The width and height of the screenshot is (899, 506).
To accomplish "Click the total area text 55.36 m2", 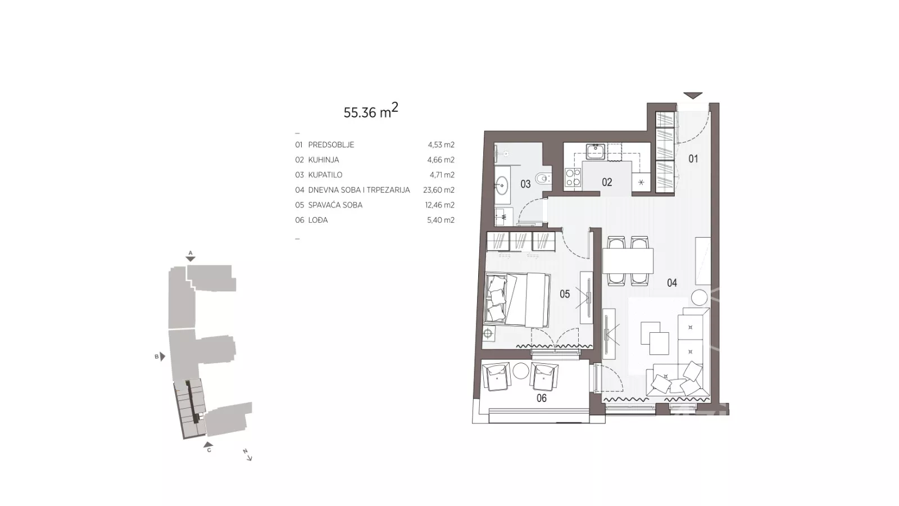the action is tap(371, 111).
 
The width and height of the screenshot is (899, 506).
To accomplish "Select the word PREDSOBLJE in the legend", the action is tap(331, 145).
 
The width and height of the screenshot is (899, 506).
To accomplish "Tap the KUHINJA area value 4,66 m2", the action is tap(441, 160).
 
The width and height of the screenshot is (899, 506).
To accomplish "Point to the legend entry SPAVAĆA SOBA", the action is tap(335, 205).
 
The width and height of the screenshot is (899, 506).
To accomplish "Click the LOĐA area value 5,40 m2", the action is tap(441, 220).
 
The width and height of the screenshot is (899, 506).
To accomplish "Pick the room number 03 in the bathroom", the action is tap(525, 184).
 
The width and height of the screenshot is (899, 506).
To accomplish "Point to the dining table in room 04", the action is tap(628, 261).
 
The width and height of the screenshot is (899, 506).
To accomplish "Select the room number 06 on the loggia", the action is tap(542, 399).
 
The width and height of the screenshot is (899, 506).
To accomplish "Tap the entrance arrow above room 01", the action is tap(693, 96).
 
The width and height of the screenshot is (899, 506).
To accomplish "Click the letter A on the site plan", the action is tap(190, 253).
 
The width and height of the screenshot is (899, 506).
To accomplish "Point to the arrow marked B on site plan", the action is tap(162, 356).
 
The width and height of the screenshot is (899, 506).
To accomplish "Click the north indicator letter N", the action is tap(245, 451).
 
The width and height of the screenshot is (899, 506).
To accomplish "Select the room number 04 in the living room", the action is tap(672, 283).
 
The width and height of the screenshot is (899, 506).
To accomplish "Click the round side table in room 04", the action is tap(700, 298).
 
